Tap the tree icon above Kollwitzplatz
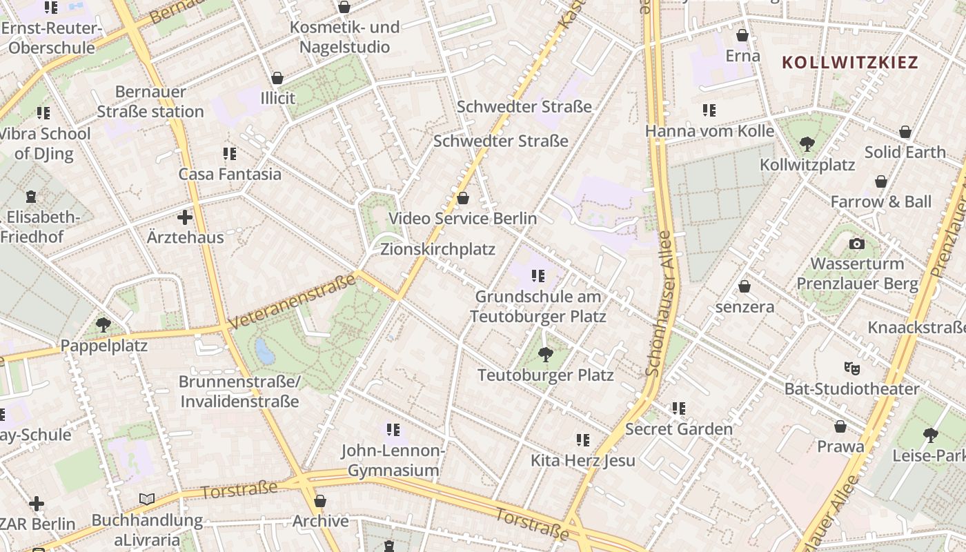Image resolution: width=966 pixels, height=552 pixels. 807,144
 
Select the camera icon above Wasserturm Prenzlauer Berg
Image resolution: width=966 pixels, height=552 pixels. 857,244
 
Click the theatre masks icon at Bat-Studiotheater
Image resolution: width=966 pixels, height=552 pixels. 851,368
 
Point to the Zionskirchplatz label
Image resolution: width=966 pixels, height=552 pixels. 437,249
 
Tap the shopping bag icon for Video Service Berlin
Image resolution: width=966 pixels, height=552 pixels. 463,198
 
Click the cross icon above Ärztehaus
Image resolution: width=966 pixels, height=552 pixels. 185,217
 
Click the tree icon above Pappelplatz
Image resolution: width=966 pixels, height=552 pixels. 103,324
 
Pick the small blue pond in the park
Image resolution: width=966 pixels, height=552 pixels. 264,351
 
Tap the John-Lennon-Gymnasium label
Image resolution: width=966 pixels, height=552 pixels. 393,460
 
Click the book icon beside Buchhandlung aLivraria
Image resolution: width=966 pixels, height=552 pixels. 147,499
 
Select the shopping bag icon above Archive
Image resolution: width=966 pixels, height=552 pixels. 319,500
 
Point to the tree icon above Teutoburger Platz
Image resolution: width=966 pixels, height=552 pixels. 545,355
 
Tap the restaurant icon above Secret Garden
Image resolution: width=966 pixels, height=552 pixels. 679,408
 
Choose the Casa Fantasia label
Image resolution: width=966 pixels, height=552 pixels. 230,174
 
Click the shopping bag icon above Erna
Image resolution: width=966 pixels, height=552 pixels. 742,35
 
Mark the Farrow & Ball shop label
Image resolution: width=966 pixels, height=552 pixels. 880,202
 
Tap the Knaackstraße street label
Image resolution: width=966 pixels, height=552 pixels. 916,327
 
